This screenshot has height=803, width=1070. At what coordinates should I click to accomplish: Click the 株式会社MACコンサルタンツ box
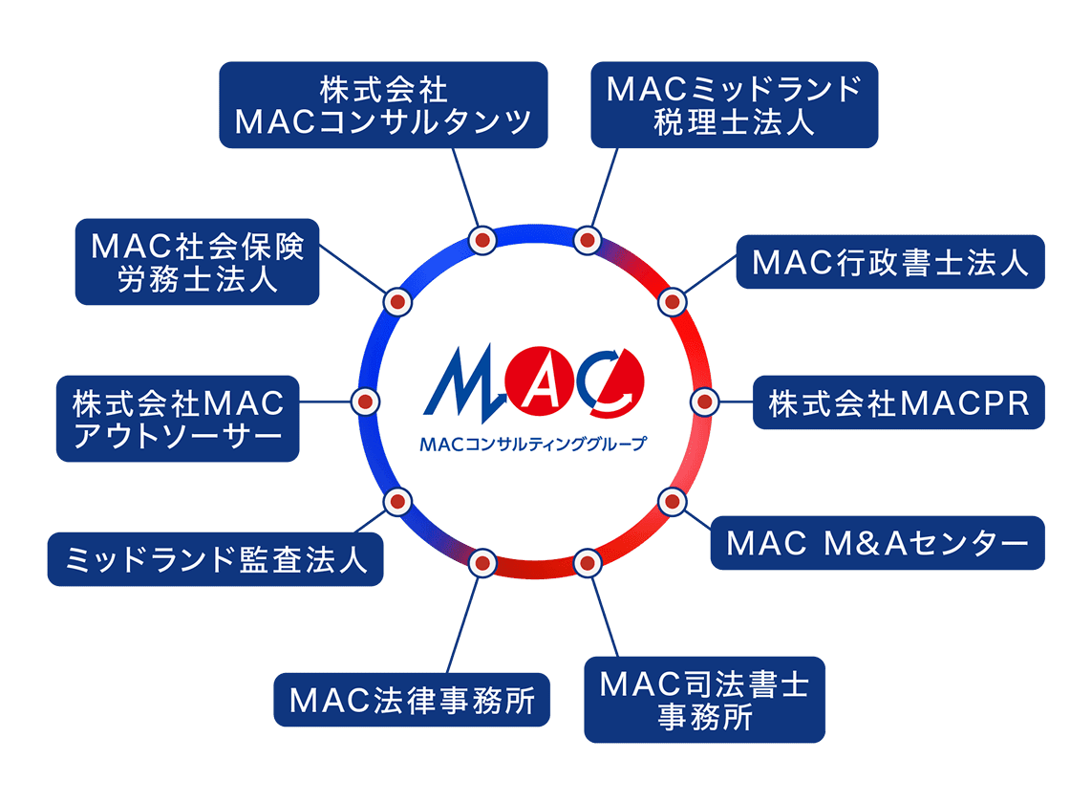[383, 105]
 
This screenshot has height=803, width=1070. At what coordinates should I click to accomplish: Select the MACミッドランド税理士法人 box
[734, 105]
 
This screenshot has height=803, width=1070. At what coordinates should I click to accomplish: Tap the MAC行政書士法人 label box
[890, 262]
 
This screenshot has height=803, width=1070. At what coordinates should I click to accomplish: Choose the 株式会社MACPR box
[898, 402]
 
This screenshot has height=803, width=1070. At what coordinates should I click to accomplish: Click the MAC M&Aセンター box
[877, 543]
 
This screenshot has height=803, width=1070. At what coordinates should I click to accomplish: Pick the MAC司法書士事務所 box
[704, 700]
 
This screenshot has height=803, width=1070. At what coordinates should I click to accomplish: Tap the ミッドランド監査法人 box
[215, 559]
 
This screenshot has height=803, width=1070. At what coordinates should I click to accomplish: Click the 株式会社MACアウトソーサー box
[178, 419]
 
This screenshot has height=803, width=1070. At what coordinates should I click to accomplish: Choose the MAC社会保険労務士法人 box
[197, 262]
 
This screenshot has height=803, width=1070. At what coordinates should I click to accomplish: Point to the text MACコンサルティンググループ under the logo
[532, 444]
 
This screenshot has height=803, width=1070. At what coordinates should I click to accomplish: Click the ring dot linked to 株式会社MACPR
[702, 401]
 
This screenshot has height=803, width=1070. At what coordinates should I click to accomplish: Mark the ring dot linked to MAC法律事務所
[482, 563]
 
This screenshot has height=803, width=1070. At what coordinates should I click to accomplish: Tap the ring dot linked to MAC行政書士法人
[673, 302]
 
